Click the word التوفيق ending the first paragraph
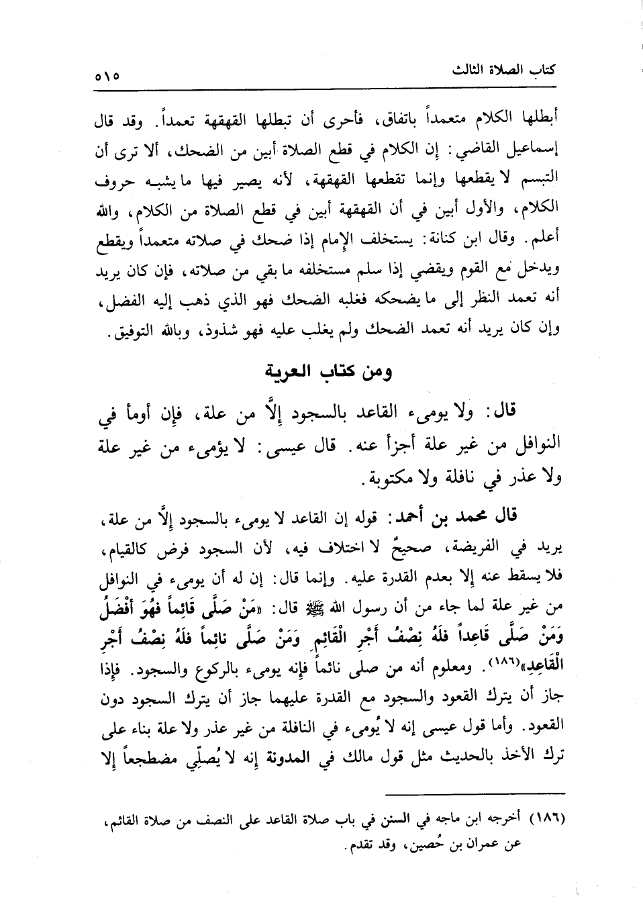(134, 331)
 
